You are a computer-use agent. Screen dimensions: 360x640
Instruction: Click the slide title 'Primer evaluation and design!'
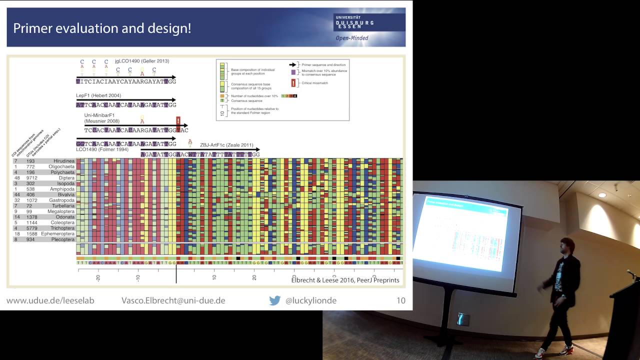click(x=102, y=28)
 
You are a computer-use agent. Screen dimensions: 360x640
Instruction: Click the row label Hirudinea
click(x=64, y=161)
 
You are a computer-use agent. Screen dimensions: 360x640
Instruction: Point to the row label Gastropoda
click(x=62, y=200)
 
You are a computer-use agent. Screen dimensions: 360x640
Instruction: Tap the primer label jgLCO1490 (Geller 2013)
click(x=141, y=61)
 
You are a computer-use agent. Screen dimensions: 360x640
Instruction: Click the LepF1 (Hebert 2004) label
click(x=98, y=95)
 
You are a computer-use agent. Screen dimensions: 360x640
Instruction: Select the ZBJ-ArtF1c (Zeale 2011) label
click(x=226, y=145)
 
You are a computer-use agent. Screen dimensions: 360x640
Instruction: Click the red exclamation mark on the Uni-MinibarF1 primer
click(x=178, y=120)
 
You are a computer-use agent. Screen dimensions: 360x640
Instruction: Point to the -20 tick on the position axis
click(x=98, y=277)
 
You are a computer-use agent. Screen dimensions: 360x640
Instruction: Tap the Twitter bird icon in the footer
click(x=274, y=300)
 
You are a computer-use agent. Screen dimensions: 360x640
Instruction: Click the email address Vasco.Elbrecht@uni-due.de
click(x=173, y=300)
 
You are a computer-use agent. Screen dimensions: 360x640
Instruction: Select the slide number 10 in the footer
click(x=400, y=300)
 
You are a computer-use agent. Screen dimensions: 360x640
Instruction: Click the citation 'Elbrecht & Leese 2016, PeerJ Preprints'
click(x=345, y=280)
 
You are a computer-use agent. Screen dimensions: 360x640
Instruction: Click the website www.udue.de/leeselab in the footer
click(x=50, y=300)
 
